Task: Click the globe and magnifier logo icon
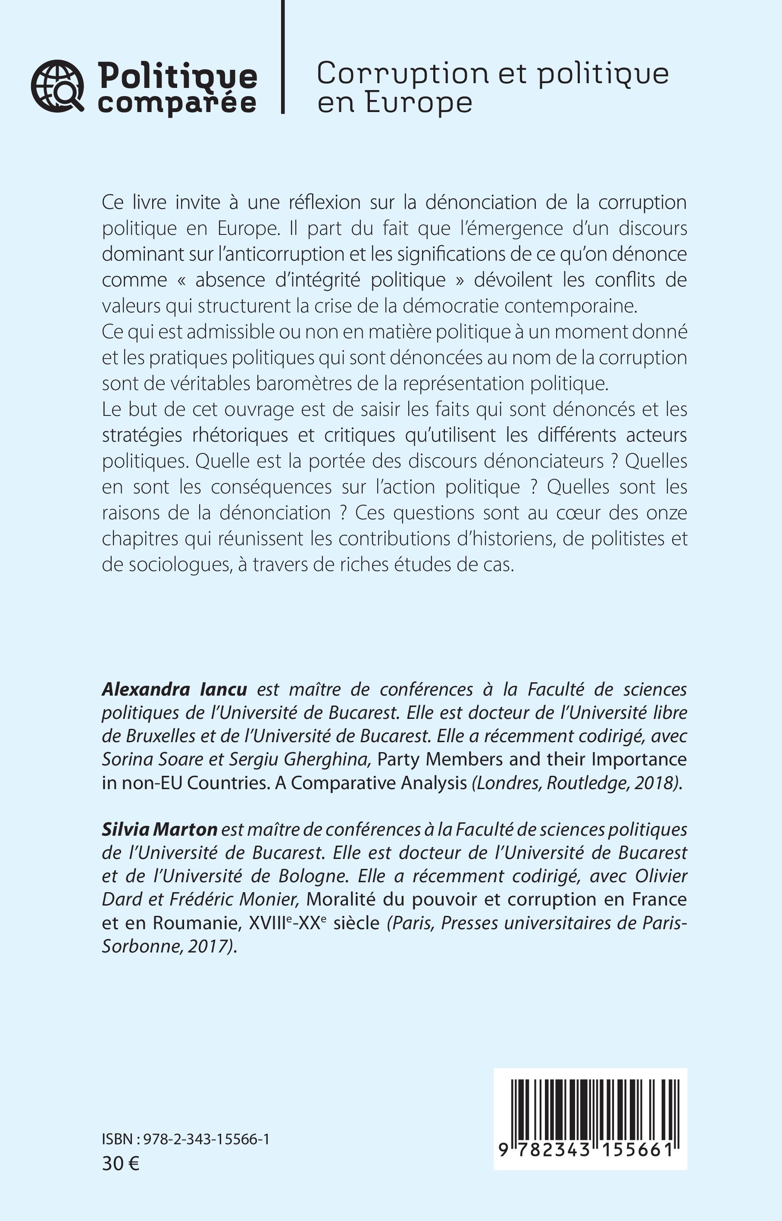(x=57, y=86)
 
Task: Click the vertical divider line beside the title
(x=283, y=56)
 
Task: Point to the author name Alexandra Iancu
(x=175, y=690)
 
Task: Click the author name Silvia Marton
(x=160, y=830)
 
